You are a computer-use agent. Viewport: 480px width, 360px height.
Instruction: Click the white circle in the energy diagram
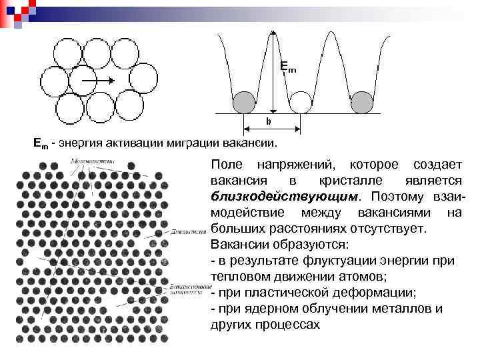[x=301, y=102]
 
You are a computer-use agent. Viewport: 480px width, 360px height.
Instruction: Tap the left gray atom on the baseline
[x=243, y=102]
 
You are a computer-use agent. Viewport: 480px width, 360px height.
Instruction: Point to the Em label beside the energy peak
[x=287, y=67]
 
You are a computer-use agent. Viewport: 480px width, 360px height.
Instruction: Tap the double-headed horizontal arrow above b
[x=272, y=129]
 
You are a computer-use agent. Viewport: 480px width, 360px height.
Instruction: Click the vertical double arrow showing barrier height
[x=273, y=73]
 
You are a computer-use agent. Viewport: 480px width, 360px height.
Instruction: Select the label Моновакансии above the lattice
[x=93, y=161]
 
